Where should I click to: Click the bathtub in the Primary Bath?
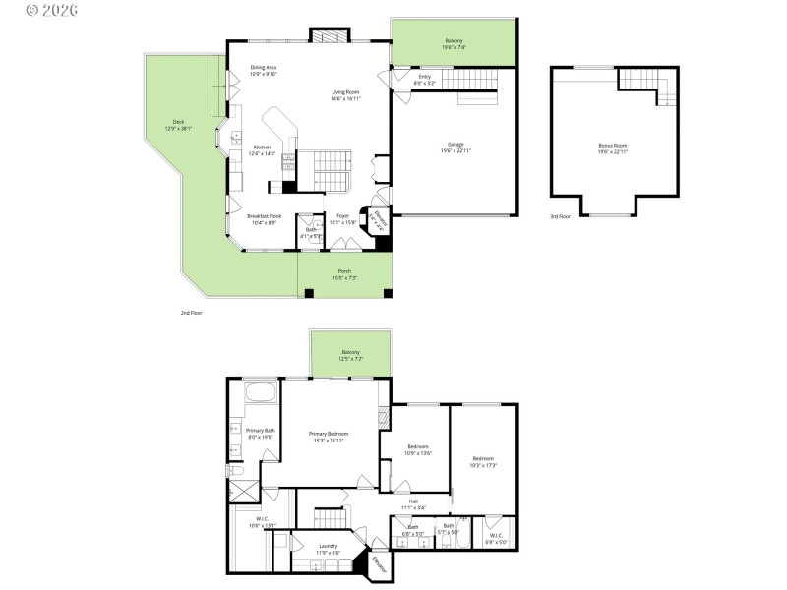tap(262, 394)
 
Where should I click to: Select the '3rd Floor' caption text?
tap(561, 215)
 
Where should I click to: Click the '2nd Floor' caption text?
tap(191, 312)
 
